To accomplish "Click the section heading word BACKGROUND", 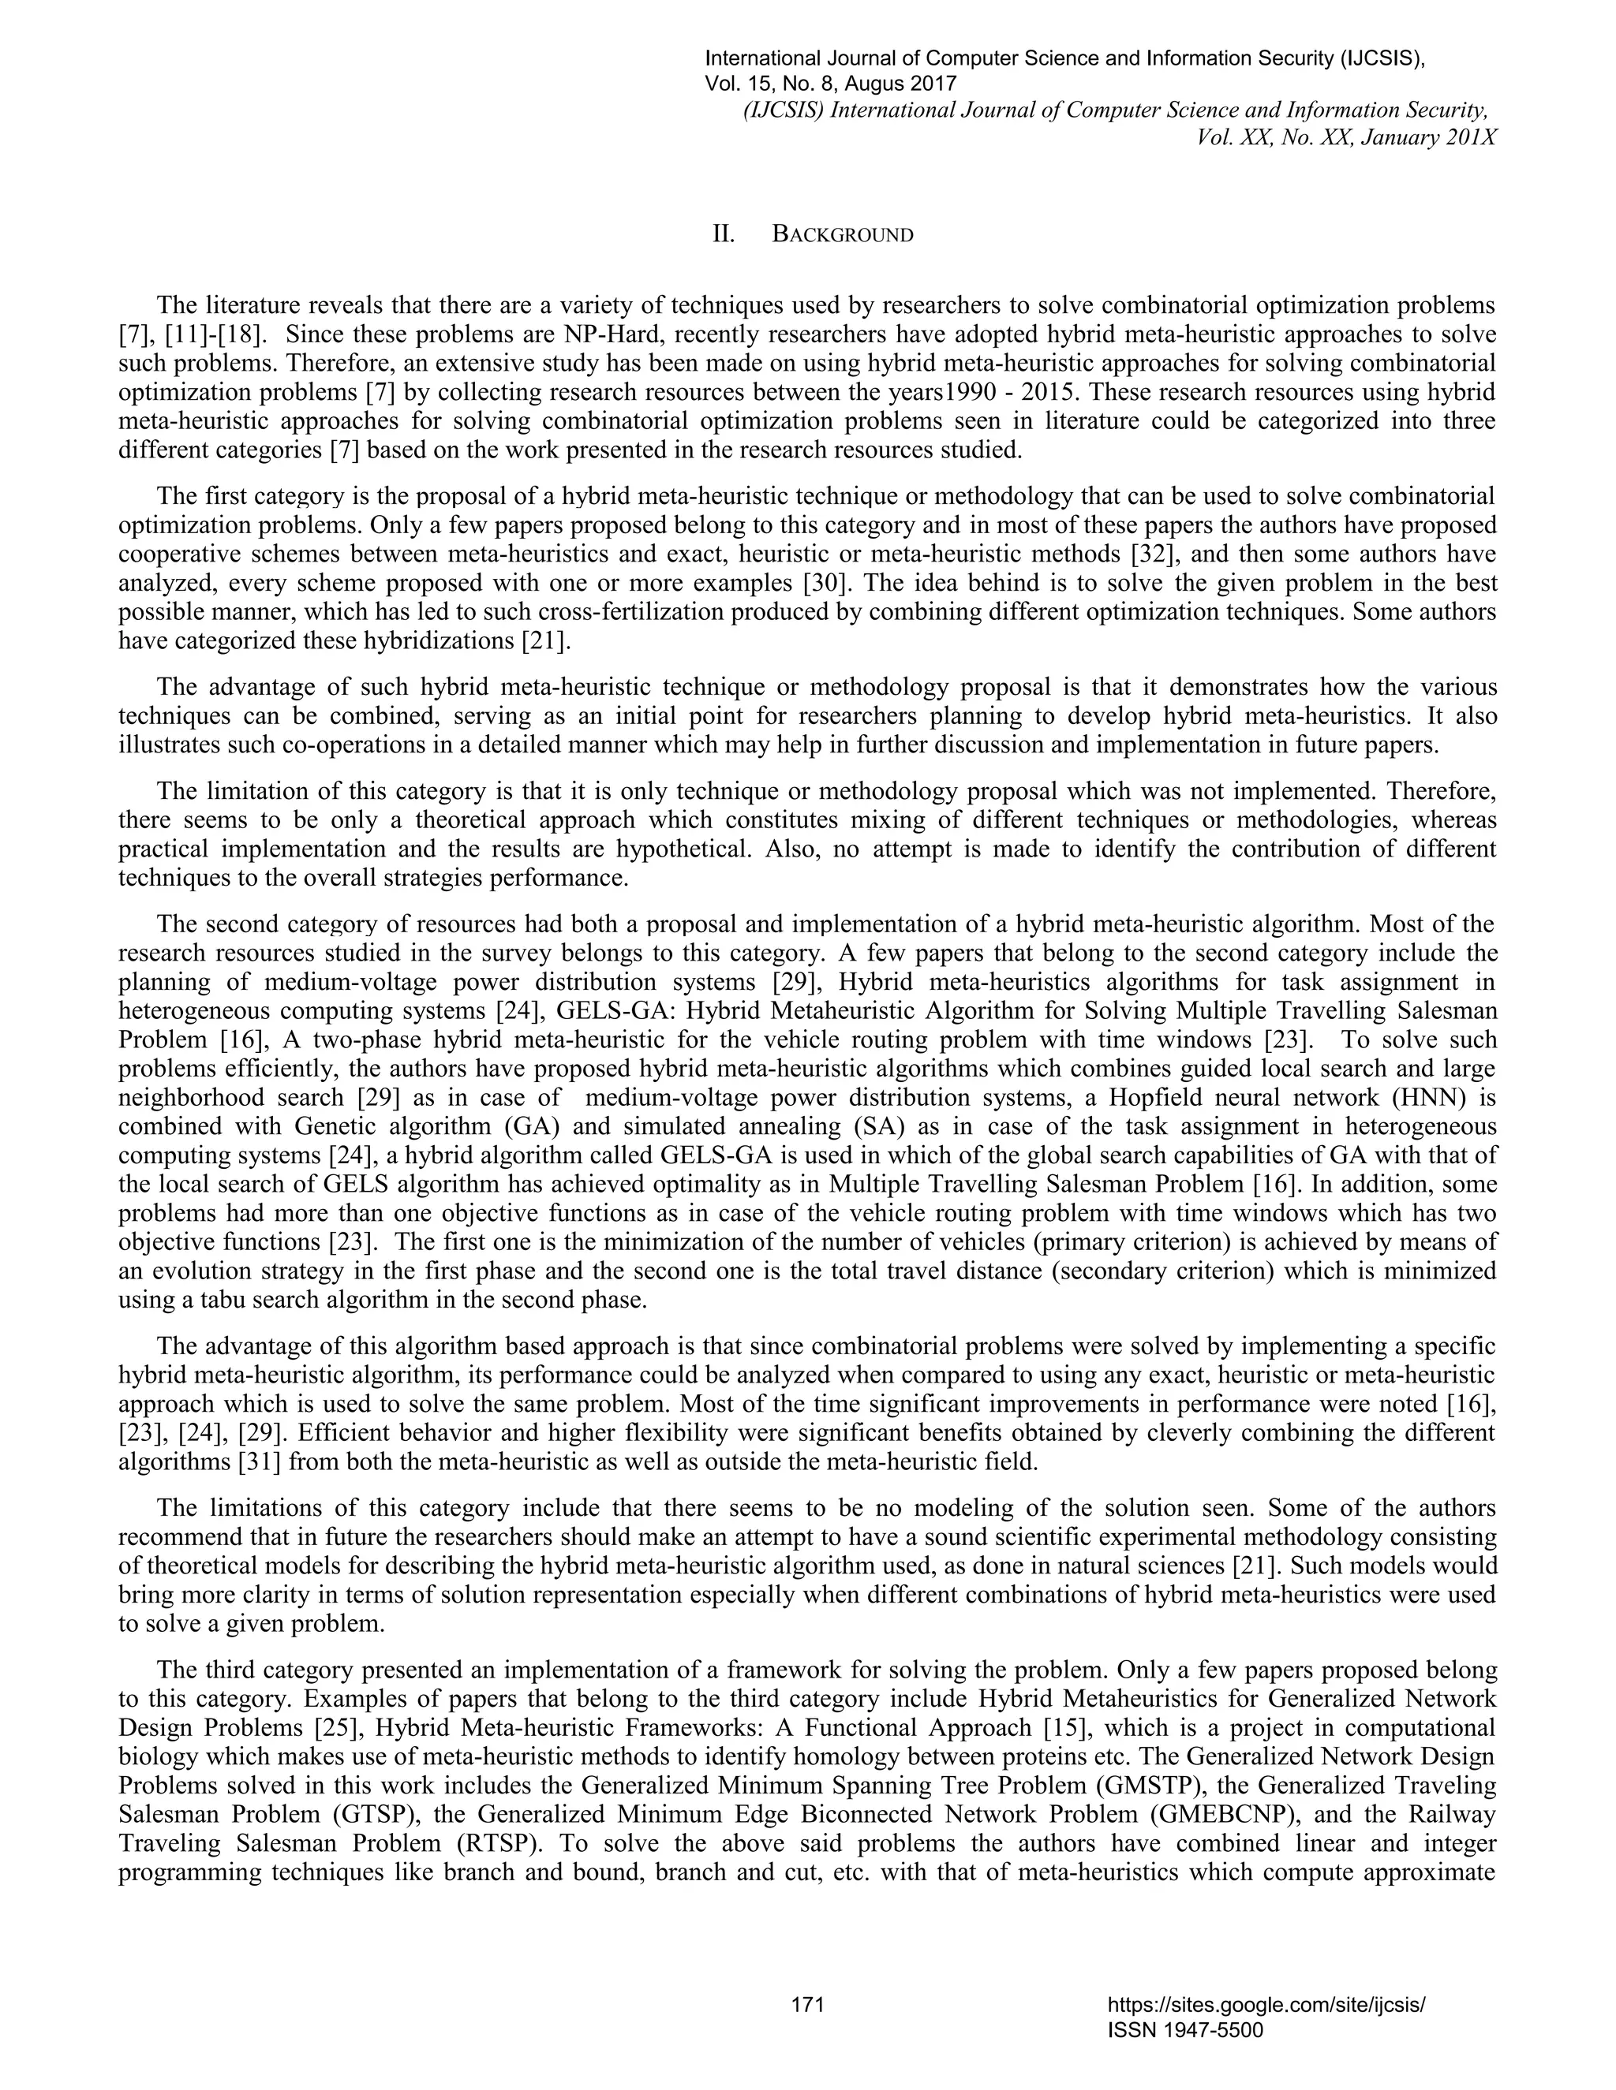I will (x=843, y=235).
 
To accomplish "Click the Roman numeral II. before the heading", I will (x=723, y=235).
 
